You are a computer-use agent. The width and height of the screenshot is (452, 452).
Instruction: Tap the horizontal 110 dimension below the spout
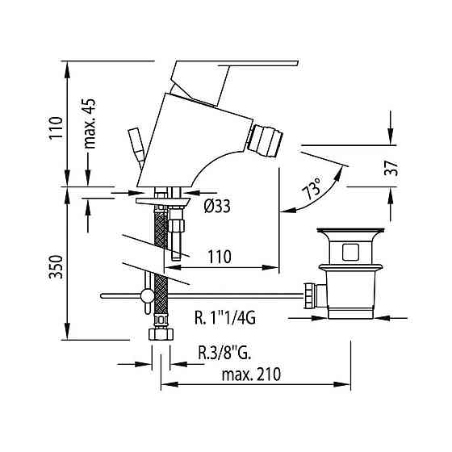216,257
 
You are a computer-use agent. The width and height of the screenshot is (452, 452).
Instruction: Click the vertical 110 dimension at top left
54,128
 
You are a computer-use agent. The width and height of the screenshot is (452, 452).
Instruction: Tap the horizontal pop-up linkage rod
226,297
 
